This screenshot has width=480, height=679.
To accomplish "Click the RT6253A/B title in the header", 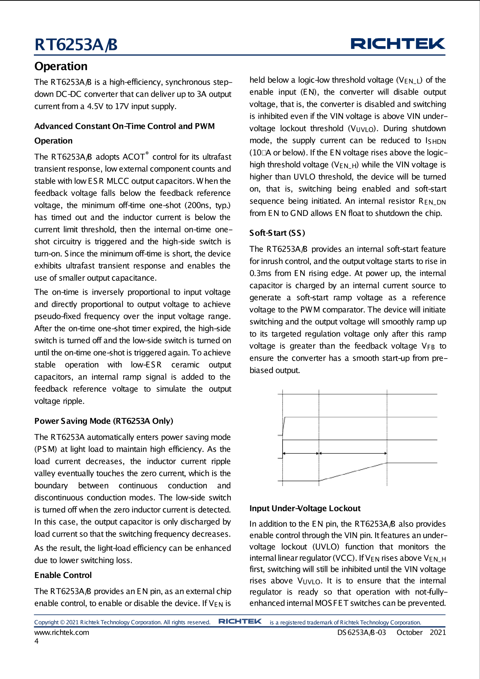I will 76,45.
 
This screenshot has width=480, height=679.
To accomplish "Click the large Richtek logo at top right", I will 398,44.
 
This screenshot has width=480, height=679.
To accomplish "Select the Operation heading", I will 61,66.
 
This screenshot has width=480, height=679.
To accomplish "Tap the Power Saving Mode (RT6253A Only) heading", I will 104,421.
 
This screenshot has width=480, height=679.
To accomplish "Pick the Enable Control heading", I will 63,575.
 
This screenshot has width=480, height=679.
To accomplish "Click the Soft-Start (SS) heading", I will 277,233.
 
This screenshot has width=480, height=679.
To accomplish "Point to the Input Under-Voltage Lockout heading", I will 305,508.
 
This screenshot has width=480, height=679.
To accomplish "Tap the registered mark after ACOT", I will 147,153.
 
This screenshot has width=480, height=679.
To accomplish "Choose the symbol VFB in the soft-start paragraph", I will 428,346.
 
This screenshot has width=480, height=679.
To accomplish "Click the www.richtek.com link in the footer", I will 62,632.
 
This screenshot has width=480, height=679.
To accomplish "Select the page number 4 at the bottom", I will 36,641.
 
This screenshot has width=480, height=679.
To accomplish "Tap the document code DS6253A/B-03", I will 361,632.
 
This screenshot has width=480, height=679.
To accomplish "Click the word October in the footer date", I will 409,632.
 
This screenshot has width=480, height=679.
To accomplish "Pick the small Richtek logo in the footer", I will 240,621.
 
